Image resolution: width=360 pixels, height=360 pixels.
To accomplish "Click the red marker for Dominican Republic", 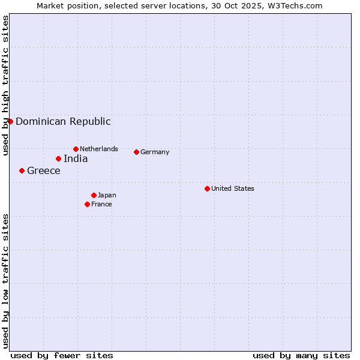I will [10, 121].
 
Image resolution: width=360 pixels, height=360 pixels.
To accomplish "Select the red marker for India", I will [58, 158].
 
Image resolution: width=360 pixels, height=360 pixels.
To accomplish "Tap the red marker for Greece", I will [22, 170].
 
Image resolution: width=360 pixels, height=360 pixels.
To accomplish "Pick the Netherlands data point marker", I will [76, 149].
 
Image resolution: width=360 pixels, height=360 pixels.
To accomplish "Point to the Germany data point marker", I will [136, 152].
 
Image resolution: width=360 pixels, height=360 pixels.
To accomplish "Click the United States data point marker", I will [207, 188].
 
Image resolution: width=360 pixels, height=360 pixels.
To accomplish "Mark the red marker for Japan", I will [94, 195].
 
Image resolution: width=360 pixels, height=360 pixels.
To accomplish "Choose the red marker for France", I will [87, 204].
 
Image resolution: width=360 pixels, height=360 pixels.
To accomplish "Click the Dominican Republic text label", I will [63, 121].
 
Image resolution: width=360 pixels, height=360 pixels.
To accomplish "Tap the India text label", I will [76, 158].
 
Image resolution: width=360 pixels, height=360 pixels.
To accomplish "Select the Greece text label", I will [44, 170].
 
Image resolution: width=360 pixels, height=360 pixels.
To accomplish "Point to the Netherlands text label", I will [99, 149].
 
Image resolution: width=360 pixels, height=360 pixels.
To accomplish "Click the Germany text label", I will [155, 152].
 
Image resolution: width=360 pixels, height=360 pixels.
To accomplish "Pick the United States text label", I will [233, 188].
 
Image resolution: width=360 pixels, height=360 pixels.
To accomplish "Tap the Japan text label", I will [107, 195].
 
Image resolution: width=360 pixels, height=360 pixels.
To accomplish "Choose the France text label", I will [101, 204].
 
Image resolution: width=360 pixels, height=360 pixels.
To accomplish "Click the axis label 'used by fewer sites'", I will [62, 355].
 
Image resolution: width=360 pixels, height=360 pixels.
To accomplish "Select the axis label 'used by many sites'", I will [301, 355].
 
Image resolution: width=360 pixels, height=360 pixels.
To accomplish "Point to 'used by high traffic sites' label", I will [5, 85].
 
